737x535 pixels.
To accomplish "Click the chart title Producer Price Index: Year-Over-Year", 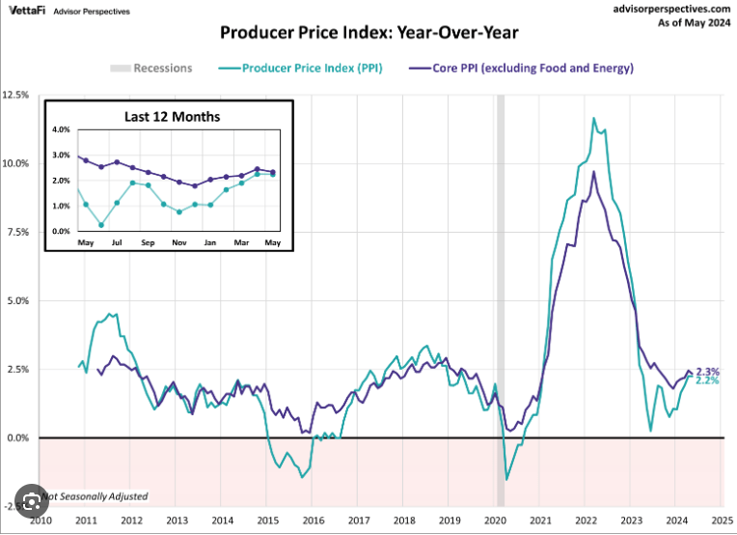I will coord(369,34).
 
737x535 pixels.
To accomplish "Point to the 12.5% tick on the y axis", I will coord(17,95).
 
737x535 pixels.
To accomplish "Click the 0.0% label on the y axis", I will coord(19,437).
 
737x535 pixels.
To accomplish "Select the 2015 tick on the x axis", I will coord(268,520).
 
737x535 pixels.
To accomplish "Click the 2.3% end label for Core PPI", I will coord(708,372).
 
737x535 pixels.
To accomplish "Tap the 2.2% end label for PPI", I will coord(708,381).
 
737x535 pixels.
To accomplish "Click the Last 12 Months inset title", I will coord(172,117).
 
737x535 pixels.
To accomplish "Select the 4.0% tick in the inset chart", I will coord(61,129).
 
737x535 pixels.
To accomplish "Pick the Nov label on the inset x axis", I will coord(178,241).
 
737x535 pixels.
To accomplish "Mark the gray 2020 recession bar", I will coord(500,290).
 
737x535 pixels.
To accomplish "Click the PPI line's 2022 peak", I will coord(594,118).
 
